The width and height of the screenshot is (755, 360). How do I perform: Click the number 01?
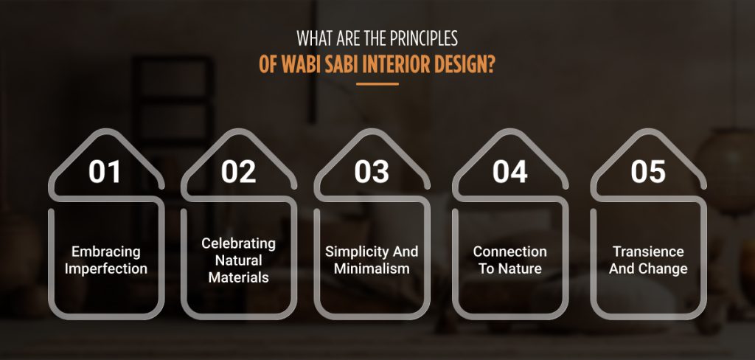(105, 171)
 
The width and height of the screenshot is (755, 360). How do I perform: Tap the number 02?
(238, 171)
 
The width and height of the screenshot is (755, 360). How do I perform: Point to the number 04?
(510, 171)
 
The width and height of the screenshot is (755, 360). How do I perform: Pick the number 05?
(648, 171)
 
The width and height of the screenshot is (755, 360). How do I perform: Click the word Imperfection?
(105, 269)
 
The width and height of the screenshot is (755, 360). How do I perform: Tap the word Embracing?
(105, 252)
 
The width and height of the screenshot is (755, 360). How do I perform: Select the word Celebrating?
(238, 243)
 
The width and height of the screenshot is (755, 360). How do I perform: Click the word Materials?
(238, 277)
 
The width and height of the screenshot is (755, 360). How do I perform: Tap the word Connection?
(510, 252)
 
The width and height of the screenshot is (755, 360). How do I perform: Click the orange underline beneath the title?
(377, 84)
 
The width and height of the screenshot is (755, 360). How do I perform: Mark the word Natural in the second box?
(238, 260)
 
